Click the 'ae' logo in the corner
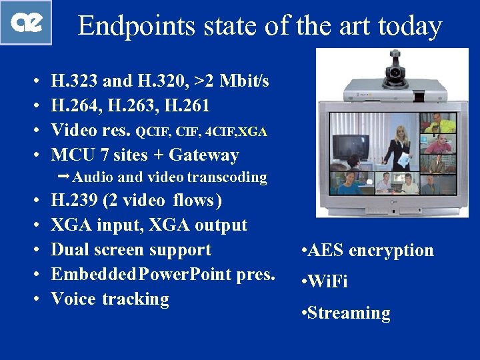(26, 22)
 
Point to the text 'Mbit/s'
(245, 81)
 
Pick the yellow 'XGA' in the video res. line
(254, 132)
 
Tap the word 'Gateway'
(204, 155)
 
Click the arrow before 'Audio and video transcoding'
(64, 177)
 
